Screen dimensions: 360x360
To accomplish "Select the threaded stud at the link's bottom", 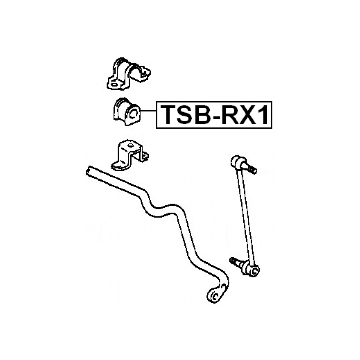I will [x=235, y=261].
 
